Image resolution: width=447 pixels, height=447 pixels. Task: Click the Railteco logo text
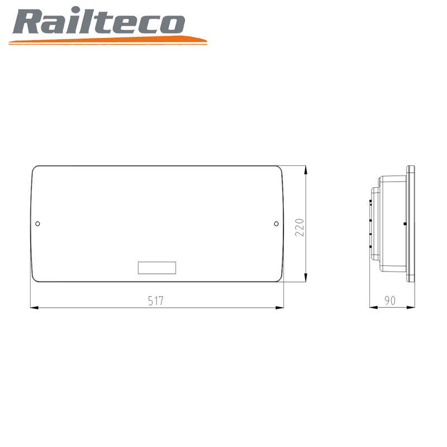[99, 21]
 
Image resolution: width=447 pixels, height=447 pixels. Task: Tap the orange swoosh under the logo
[108, 40]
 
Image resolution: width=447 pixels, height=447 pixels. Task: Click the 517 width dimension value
[156, 301]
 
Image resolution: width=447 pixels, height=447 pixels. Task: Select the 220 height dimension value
[299, 227]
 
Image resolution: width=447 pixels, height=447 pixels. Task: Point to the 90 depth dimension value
[390, 301]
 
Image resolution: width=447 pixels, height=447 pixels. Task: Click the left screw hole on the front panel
[37, 224]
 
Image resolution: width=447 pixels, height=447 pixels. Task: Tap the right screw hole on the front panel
[276, 224]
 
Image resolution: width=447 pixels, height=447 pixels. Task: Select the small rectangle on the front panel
[157, 268]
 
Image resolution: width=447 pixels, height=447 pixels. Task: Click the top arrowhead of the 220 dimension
[306, 170]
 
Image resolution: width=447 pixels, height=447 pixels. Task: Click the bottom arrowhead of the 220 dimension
[306, 278]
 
